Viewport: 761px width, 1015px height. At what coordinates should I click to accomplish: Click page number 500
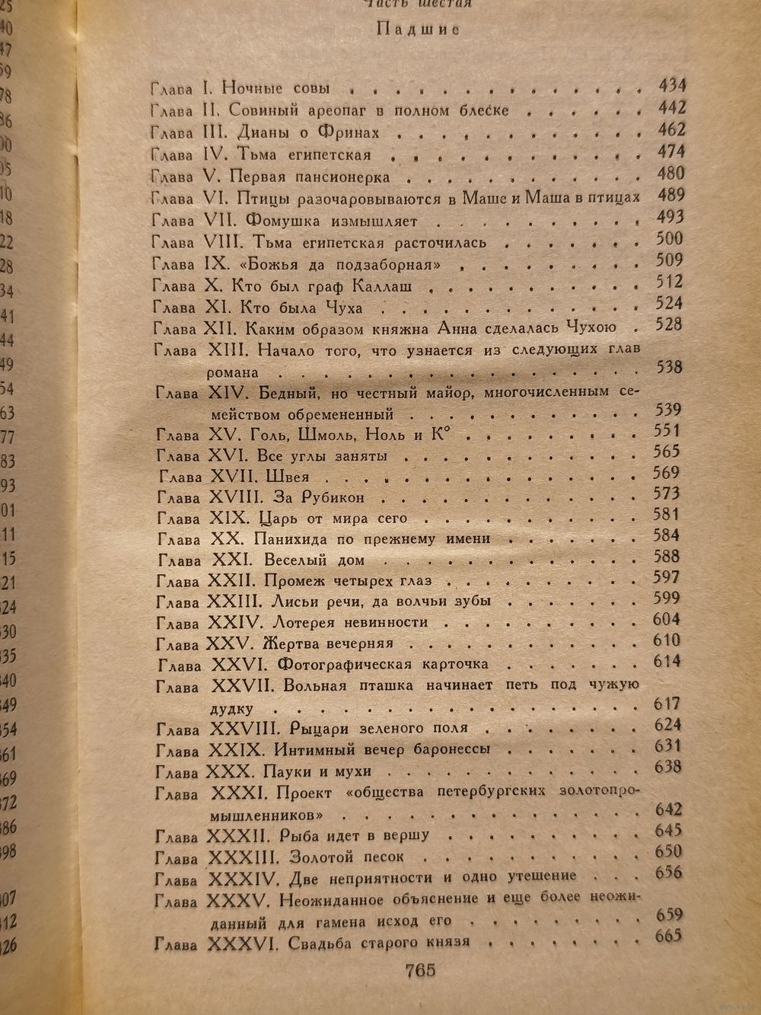[669, 238]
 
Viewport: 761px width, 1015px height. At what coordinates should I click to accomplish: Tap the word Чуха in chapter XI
[343, 308]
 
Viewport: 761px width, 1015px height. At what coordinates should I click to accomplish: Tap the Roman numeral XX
[224, 539]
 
